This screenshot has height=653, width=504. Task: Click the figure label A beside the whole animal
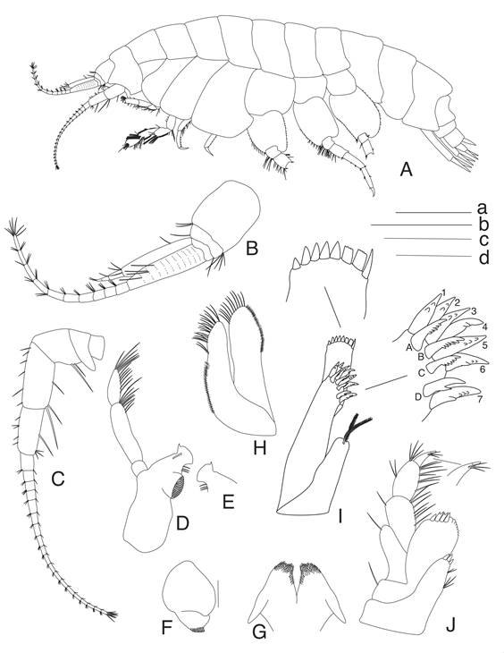(406, 169)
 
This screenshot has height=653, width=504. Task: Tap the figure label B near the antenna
(252, 248)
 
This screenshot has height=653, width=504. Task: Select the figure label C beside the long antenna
(57, 479)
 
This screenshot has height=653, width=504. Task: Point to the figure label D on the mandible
(182, 522)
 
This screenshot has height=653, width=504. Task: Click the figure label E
(228, 503)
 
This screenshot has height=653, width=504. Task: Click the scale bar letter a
(482, 208)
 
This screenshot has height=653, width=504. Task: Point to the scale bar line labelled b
(421, 225)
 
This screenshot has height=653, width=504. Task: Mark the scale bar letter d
(483, 258)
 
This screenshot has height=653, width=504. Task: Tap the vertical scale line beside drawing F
(217, 594)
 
